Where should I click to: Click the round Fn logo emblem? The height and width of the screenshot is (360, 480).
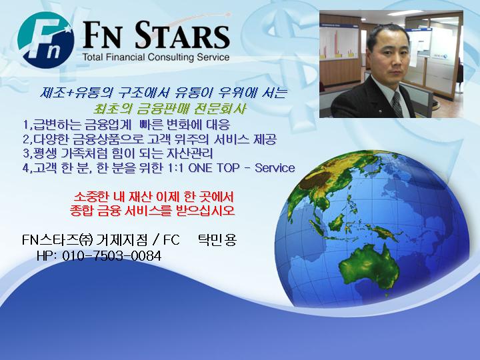45,40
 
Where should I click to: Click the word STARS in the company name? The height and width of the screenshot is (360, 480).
182,35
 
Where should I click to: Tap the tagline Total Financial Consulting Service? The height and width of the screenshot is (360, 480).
156,57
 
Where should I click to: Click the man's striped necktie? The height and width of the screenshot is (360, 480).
397,104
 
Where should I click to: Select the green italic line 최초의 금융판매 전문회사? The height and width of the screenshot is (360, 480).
170,109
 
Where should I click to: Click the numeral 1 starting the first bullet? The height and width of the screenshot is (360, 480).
26,125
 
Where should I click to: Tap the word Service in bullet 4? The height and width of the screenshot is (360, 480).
275,168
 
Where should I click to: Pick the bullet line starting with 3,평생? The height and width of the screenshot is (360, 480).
118,153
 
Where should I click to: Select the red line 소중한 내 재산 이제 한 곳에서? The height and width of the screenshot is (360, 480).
154,196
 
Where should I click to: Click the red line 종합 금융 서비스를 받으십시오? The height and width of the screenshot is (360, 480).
152,210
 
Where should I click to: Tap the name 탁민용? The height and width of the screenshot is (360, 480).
217,239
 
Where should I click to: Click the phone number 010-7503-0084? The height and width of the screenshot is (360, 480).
112,255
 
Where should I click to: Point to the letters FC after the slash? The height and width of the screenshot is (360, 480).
171,240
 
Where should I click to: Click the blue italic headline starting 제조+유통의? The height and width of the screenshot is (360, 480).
163,93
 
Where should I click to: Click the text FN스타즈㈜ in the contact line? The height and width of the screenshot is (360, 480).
57,240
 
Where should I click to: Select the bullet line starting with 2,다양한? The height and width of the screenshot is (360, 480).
149,139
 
